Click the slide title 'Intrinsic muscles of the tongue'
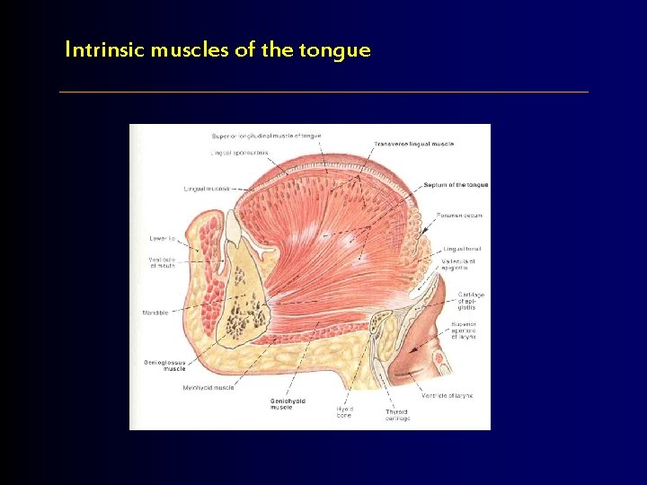pyautogui.click(x=217, y=50)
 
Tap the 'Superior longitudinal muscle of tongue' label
pyautogui.click(x=266, y=136)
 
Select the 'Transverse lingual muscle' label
pyautogui.click(x=414, y=144)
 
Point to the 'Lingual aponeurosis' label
pyautogui.click(x=239, y=153)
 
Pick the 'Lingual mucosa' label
pyautogui.click(x=207, y=189)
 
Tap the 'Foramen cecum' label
pyautogui.click(x=460, y=216)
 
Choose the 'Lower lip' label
pyautogui.click(x=163, y=238)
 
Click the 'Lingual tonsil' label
pyautogui.click(x=462, y=249)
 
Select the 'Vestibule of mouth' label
pyautogui.click(x=162, y=263)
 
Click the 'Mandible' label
pyautogui.click(x=155, y=313)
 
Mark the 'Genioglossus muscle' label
pyautogui.click(x=164, y=366)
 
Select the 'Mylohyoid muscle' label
pyautogui.click(x=208, y=388)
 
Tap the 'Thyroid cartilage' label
pyautogui.click(x=397, y=415)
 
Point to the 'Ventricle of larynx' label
pyautogui.click(x=447, y=395)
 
